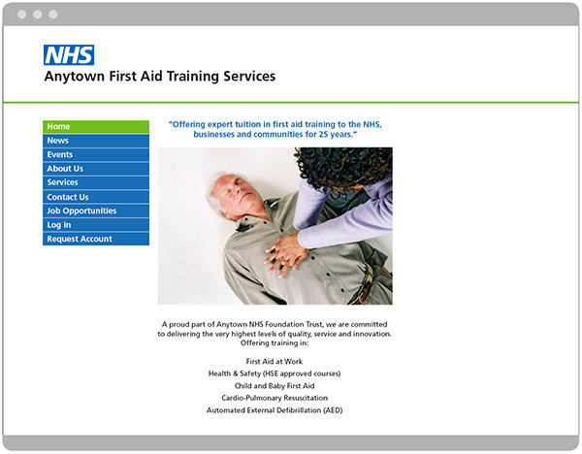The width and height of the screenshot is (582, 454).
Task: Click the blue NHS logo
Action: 69,55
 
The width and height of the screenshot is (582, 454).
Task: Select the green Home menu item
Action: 96,126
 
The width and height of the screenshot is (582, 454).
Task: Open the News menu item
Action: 96,141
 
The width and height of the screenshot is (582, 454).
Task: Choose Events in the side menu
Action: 96,155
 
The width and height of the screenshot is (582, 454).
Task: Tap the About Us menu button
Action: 96,169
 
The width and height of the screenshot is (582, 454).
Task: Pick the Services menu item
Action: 96,182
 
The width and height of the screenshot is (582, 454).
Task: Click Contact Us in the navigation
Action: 96,197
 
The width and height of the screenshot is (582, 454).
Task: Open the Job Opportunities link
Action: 96,211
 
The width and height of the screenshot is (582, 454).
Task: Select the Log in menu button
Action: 96,225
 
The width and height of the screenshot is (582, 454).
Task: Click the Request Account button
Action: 96,239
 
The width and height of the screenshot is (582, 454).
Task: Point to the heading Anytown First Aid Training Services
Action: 160,77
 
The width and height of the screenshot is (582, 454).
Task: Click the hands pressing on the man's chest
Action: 286,253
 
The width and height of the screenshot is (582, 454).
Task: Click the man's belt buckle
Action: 366,280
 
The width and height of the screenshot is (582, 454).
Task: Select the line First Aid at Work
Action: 275,361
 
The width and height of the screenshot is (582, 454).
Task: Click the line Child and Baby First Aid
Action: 275,386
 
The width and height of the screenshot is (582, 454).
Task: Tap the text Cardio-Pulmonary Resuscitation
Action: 275,398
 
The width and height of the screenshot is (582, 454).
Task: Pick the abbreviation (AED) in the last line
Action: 333,410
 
